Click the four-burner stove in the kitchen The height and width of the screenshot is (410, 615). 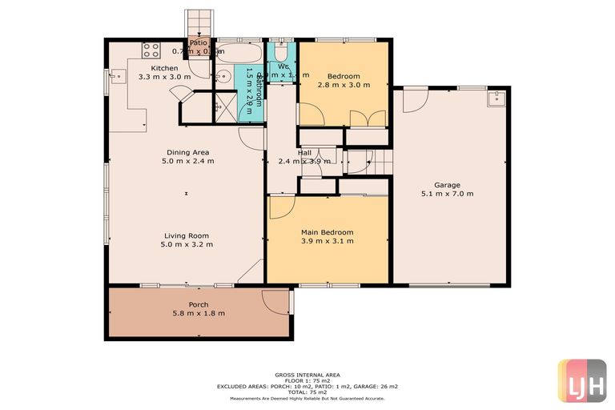[151, 50]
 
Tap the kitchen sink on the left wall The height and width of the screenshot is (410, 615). [118, 78]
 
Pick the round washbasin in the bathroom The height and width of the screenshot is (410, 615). [224, 78]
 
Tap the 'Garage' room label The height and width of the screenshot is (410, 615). [447, 185]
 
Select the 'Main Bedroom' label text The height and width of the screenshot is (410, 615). [327, 232]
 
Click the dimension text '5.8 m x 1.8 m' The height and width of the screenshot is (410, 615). [198, 313]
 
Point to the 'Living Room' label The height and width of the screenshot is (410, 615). [187, 235]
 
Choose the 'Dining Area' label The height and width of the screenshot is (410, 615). [188, 152]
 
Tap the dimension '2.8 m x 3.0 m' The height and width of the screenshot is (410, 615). [344, 84]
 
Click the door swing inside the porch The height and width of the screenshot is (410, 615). [275, 303]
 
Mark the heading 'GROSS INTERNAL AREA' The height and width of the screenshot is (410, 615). [307, 374]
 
